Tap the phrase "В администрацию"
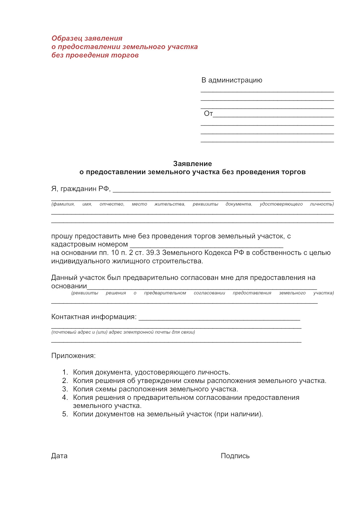tap(232, 80)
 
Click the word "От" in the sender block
tap(208, 114)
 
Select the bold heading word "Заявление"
tap(192, 163)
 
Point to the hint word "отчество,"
tap(112, 204)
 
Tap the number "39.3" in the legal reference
tap(153, 253)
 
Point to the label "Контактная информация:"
tap(94, 317)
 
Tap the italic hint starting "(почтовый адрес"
tap(123, 332)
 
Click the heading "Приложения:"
tap(73, 356)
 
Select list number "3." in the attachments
tap(65, 389)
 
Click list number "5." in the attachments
tap(65, 414)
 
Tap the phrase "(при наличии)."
tap(239, 414)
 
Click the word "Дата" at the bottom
tap(59, 456)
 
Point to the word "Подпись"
tap(235, 456)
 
